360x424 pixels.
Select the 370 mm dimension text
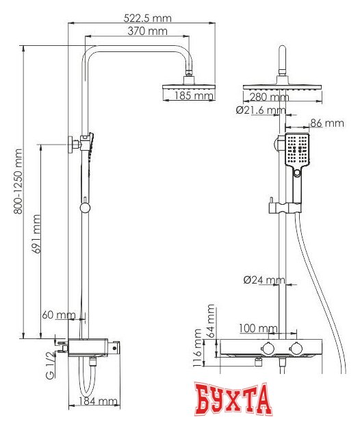[147, 31]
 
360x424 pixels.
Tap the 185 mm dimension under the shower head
[194, 97]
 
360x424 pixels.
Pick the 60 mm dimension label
[58, 314]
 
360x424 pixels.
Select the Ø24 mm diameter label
[264, 279]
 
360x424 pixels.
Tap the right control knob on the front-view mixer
[297, 345]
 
